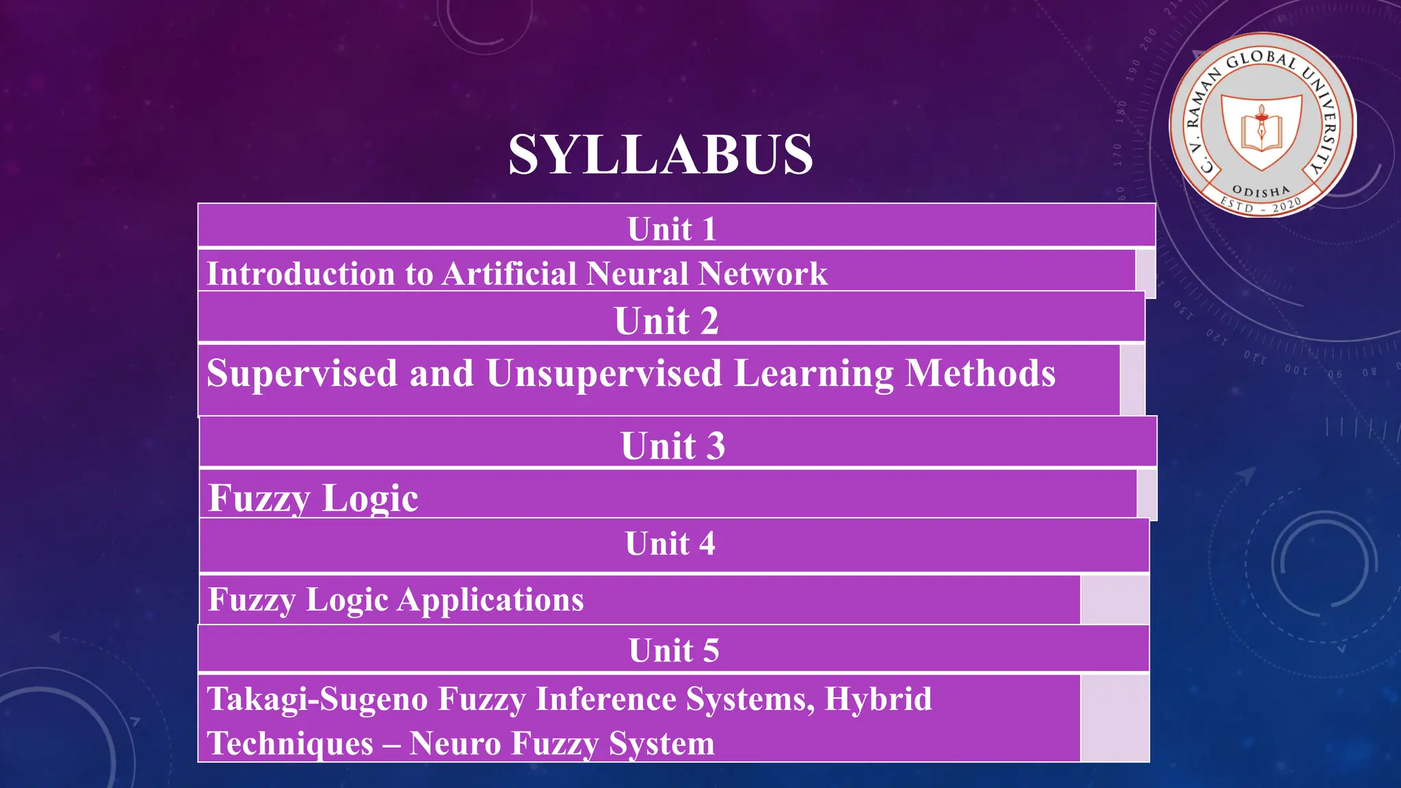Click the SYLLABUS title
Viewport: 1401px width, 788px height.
(661, 155)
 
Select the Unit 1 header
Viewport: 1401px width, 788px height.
(672, 228)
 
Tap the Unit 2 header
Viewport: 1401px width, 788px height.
(666, 320)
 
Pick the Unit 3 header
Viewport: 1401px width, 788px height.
(672, 445)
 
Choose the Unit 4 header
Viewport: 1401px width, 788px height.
(670, 544)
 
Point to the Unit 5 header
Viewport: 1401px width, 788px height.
(674, 650)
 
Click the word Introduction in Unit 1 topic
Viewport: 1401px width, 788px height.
(301, 274)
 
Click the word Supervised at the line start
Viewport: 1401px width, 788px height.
(302, 373)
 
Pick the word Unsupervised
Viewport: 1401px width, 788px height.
(604, 373)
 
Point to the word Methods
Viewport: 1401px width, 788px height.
(980, 373)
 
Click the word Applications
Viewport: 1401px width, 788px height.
(490, 600)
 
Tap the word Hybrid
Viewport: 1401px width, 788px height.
(878, 699)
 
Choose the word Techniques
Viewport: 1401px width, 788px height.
(290, 744)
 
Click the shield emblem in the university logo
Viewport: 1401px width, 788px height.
(1261, 130)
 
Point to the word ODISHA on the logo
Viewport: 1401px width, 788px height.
(1261, 191)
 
